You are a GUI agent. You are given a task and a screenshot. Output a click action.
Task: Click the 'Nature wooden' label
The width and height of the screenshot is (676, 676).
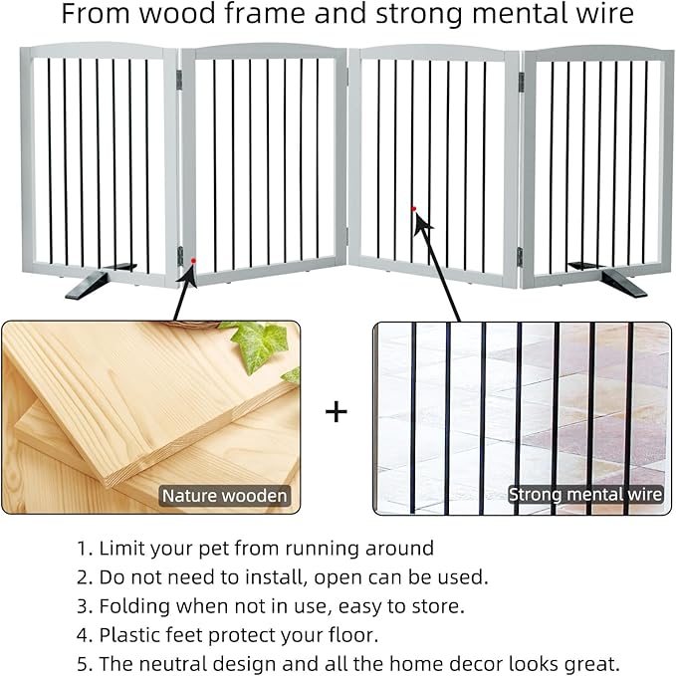pyautogui.click(x=225, y=495)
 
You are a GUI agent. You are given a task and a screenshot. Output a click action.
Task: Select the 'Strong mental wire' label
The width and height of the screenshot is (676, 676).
pyautogui.click(x=585, y=494)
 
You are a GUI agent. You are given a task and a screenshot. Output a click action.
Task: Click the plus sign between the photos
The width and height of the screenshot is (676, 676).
pyautogui.click(x=337, y=411)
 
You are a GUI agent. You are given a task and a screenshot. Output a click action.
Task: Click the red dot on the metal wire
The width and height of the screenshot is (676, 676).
pyautogui.click(x=412, y=208)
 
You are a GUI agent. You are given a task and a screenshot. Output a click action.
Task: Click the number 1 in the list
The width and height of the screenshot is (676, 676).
pyautogui.click(x=81, y=549)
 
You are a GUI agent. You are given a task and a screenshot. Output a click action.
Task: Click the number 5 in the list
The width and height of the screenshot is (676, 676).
pyautogui.click(x=82, y=663)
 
